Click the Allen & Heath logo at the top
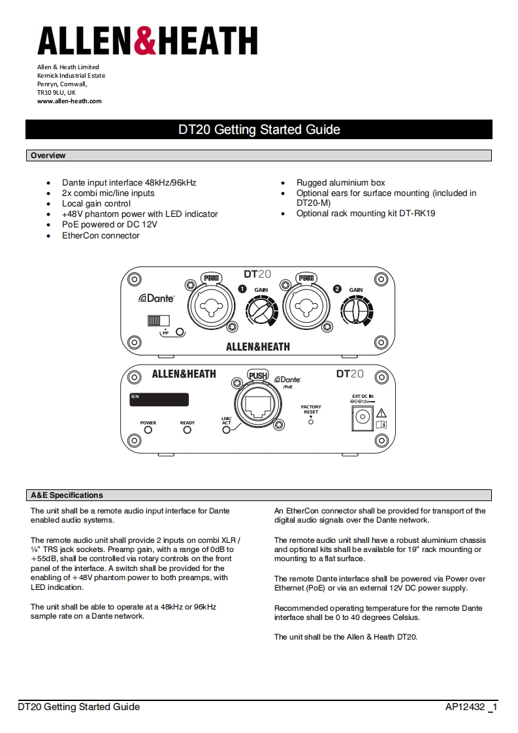147,41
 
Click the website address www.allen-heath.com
69,101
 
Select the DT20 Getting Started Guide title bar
259,129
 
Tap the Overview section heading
48,155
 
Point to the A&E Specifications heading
67,495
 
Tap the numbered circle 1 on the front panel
242,289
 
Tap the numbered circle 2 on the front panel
338,289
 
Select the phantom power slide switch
158,320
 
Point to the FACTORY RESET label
311,410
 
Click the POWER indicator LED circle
148,430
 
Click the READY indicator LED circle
187,430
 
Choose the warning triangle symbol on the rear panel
381,412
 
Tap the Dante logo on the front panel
157,298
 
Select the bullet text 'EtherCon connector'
101,236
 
